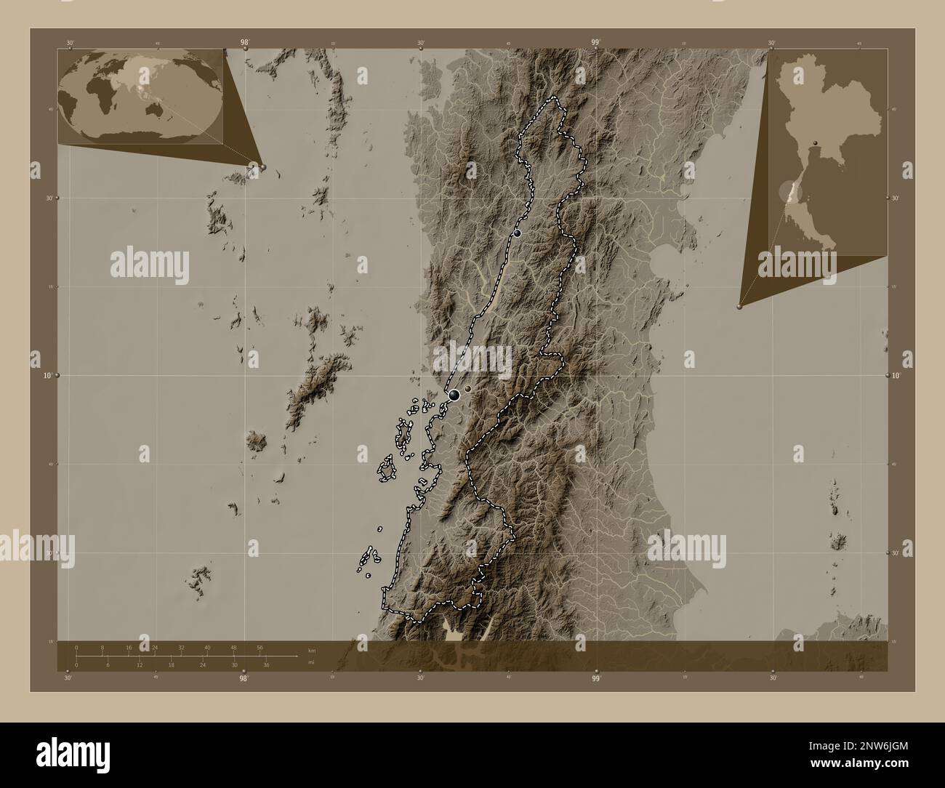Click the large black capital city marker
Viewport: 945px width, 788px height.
click(454, 395)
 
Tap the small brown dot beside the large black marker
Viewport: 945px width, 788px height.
click(469, 390)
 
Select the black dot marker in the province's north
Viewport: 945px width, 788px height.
click(518, 233)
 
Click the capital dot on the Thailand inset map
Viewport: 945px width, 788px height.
click(816, 142)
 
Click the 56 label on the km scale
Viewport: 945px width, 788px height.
click(260, 647)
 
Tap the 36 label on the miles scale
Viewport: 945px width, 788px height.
click(267, 665)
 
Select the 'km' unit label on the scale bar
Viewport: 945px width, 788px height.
click(311, 649)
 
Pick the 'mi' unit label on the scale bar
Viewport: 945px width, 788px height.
click(310, 663)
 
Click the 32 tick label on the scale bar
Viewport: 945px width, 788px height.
click(181, 647)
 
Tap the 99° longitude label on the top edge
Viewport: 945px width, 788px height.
click(595, 43)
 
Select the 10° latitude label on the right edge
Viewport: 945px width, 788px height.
click(897, 376)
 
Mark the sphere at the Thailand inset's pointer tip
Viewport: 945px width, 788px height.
click(740, 307)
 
